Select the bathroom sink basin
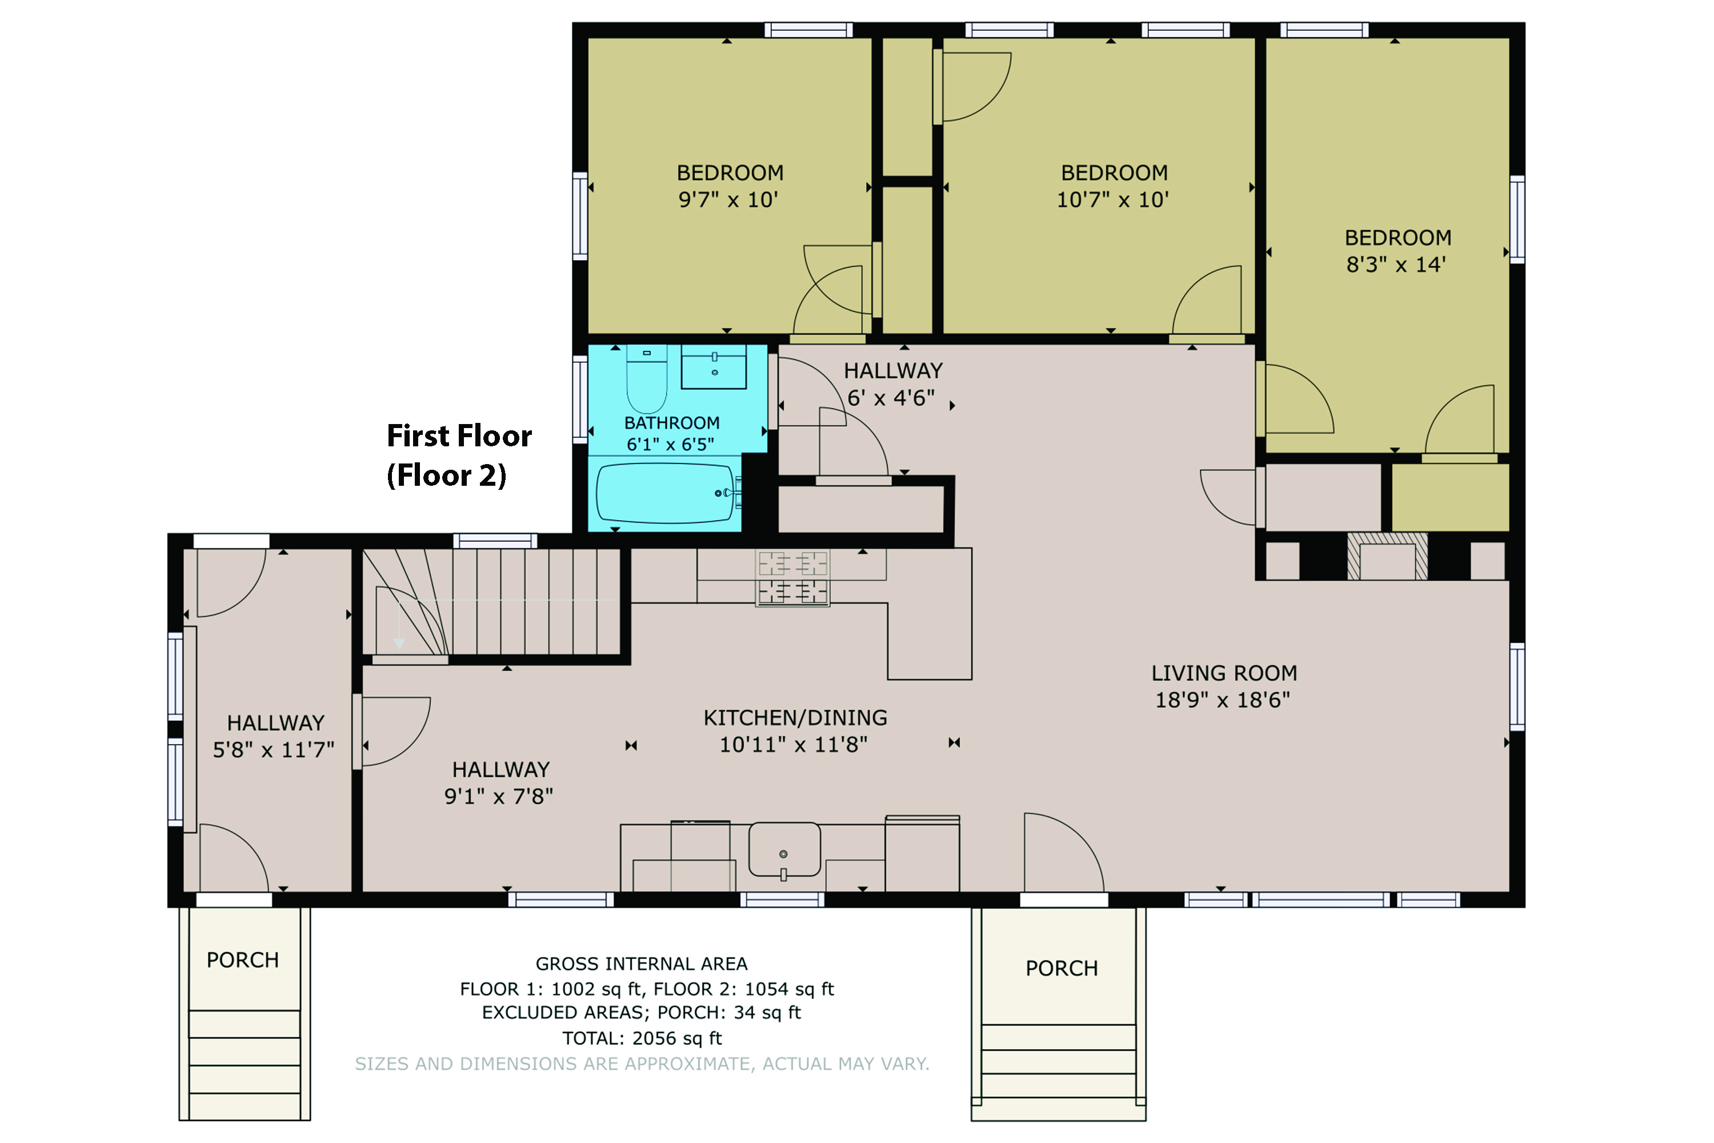pos(714,367)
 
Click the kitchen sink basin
pos(784,849)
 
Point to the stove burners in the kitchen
pos(793,577)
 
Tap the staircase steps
pos(492,602)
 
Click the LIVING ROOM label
pos(1224,673)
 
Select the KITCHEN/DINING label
pos(795,718)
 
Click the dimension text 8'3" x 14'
pos(1396,265)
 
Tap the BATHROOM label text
pos(672,423)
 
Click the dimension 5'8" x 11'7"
pos(273,750)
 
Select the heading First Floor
pos(459,436)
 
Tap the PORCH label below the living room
pos(1062,968)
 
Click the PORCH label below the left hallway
pos(243,960)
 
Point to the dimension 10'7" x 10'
pos(1113,199)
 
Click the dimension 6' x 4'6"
pos(891,398)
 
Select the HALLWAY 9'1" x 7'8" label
pos(500,783)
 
